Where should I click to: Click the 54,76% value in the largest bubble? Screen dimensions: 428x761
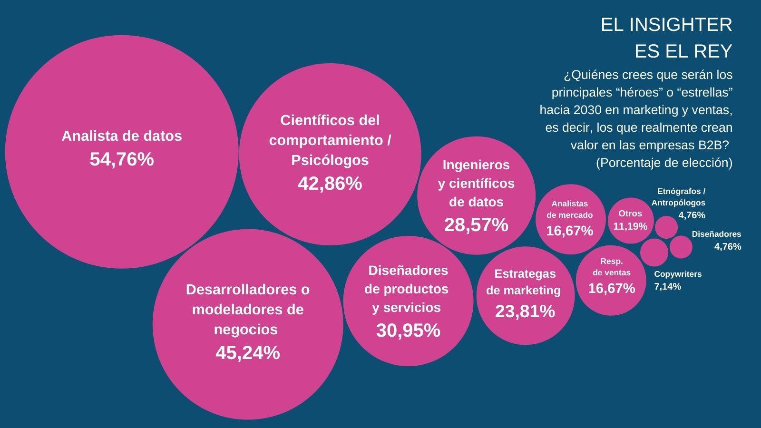pos(122,159)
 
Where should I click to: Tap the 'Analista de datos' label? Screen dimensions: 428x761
pos(122,136)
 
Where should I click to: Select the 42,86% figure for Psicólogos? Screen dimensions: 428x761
pos(330,184)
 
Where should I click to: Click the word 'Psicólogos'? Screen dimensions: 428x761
pos(330,160)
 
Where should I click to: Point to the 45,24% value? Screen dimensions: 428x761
pos(247,353)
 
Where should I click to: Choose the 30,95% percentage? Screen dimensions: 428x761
pos(408,331)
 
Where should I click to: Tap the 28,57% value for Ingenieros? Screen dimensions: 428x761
pos(476,225)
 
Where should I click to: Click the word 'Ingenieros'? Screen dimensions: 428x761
pos(476,165)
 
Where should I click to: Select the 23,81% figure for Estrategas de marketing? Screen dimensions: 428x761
pos(525,311)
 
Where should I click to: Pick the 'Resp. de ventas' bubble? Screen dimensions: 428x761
pos(611,281)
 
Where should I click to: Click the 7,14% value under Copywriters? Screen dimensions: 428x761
pos(667,286)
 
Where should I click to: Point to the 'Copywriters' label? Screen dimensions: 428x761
pos(678,274)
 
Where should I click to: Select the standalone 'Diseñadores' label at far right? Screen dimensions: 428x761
pos(716,234)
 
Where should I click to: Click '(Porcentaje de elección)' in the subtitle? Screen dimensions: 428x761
pos(664,163)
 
